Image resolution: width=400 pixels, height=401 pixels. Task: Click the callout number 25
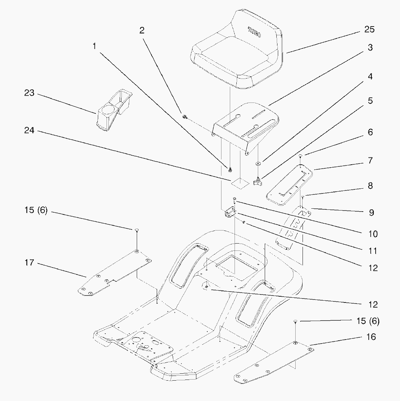[369, 29]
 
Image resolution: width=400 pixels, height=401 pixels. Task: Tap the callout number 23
[29, 93]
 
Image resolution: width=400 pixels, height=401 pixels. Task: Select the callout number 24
[29, 130]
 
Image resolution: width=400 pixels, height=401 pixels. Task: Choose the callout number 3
[370, 48]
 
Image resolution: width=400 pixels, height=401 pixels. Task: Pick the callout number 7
[370, 160]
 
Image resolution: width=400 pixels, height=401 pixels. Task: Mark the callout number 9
[371, 212]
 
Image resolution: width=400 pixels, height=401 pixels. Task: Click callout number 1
[95, 46]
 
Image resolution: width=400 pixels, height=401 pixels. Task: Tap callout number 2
[142, 30]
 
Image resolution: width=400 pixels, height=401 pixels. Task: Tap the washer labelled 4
[258, 163]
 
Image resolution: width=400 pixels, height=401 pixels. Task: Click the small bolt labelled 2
[185, 116]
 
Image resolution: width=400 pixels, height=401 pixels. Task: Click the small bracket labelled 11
[229, 212]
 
